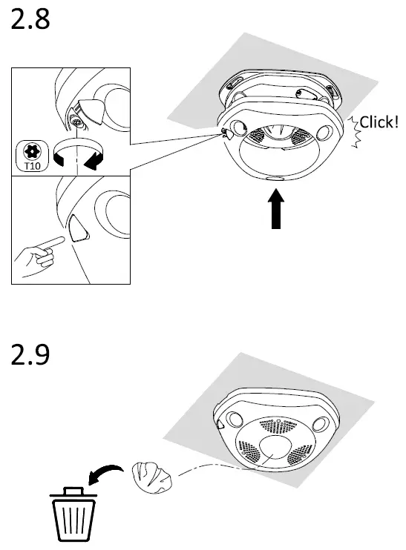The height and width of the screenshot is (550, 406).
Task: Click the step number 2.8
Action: point(30,20)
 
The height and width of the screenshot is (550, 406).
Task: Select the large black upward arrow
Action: point(275,210)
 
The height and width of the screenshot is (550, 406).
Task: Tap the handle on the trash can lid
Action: point(73,490)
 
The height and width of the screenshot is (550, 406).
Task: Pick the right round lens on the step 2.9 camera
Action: point(321,423)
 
